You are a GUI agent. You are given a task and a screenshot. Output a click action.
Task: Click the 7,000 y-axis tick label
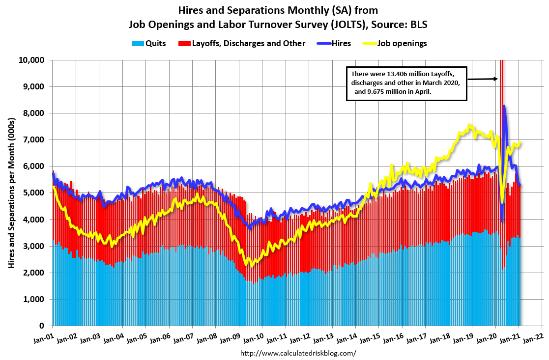click(35, 139)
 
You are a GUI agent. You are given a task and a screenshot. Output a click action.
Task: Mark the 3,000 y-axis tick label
click(35, 246)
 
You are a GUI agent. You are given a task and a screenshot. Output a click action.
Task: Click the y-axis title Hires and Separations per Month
click(11, 192)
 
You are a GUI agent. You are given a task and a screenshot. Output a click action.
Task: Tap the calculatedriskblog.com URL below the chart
click(298, 353)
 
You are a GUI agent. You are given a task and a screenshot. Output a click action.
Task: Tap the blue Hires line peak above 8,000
click(504, 106)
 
